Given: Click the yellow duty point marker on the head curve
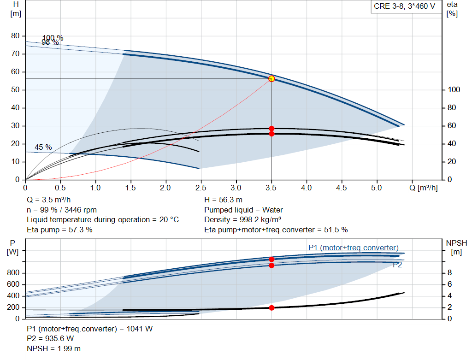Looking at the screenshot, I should coord(271,79).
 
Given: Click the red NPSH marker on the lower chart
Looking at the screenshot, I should coord(271,307).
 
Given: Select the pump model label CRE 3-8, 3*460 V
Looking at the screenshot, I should coord(404,7).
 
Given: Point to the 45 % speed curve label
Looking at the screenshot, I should coord(43,148).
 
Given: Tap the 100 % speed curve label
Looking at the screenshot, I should coord(53,38).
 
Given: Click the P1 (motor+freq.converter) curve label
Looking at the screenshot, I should coord(353,248).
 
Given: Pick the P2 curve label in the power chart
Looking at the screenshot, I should coord(397,265).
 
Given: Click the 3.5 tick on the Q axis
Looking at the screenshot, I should coord(271,188).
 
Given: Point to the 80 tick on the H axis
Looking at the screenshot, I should coord(16,36).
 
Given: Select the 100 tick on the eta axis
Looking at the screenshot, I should coord(452,90).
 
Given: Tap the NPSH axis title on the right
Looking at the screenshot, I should coord(456,242).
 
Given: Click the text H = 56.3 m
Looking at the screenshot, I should coord(223,200).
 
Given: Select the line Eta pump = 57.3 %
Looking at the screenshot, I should coord(59,230).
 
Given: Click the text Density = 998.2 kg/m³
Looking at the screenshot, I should coord(244,220).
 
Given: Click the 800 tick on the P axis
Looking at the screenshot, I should coord(13,273).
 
